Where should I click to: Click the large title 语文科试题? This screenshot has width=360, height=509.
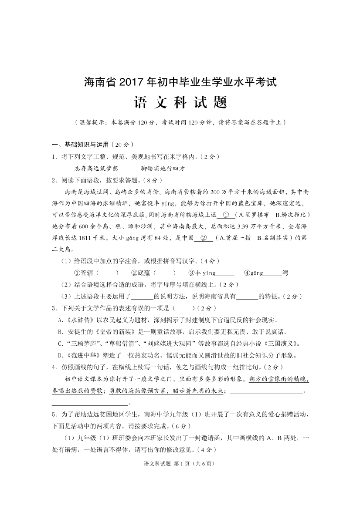pyautogui.click(x=180, y=103)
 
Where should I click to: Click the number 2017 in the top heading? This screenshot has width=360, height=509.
pyautogui.click(x=132, y=82)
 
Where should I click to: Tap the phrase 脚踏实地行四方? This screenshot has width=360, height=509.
pyautogui.click(x=163, y=168)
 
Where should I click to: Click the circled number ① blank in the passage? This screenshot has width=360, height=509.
pyautogui.click(x=226, y=215)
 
